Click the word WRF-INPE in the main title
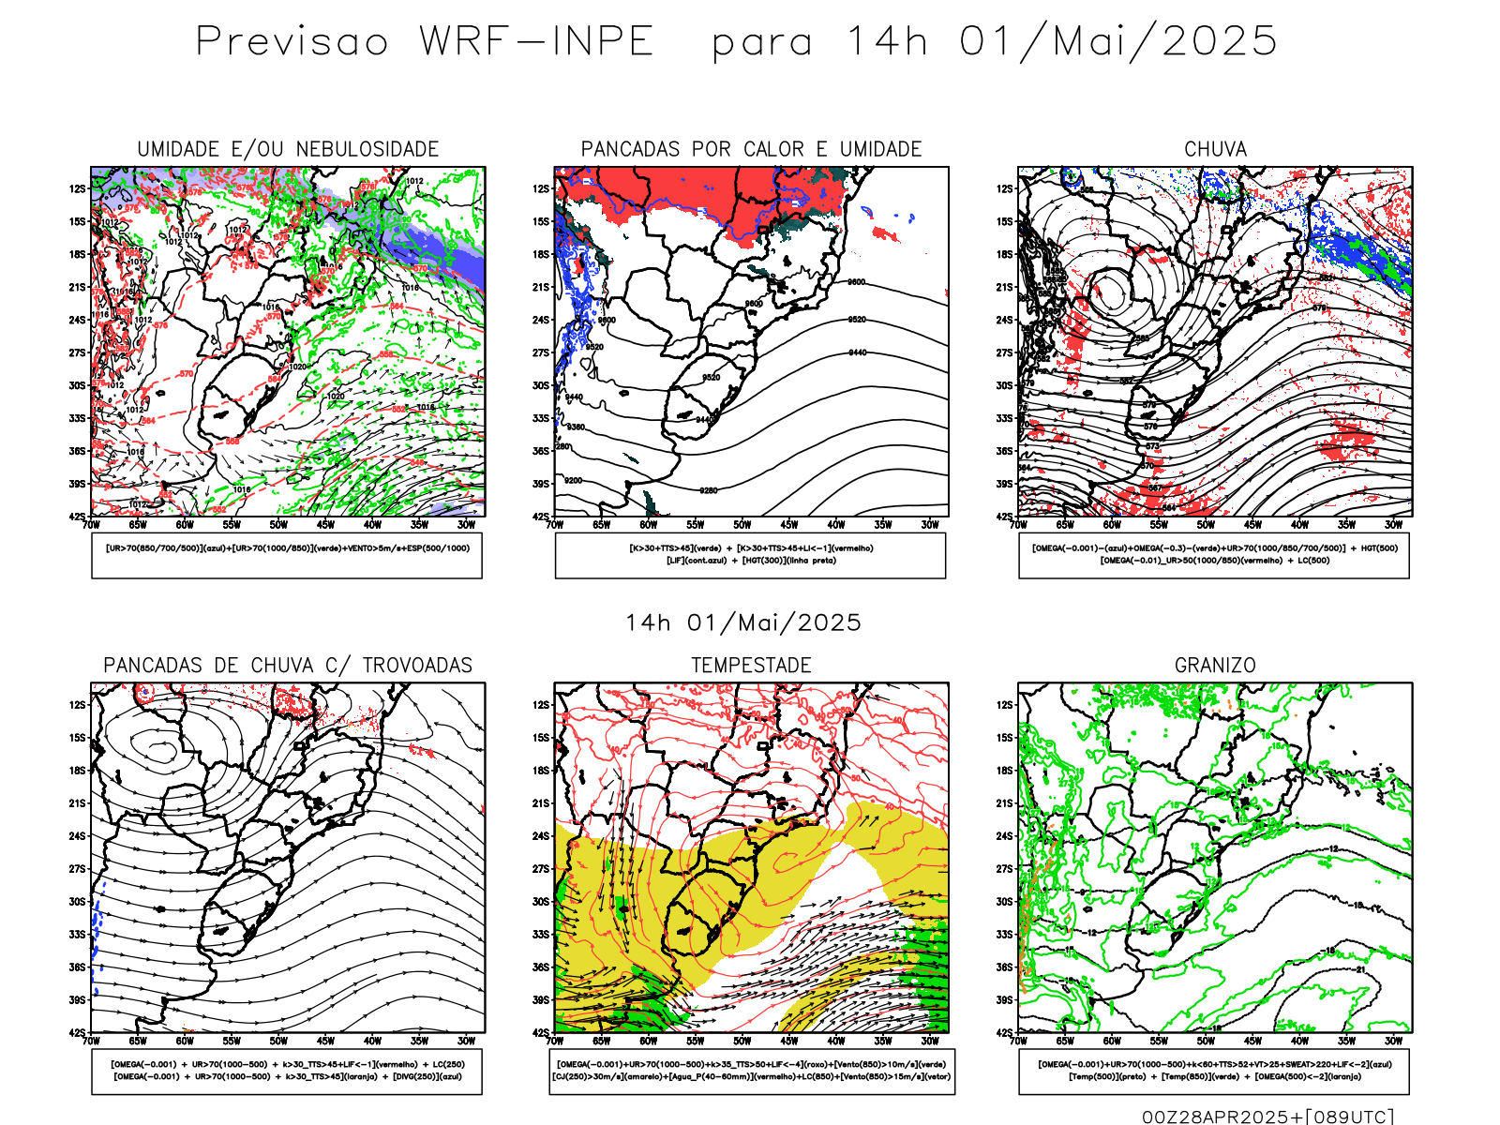[x=536, y=42]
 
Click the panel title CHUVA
[x=1215, y=149]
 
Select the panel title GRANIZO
[x=1215, y=666]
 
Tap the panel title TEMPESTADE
[x=751, y=666]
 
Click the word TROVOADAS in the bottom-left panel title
[x=417, y=666]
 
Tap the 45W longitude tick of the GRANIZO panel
[x=1252, y=1041]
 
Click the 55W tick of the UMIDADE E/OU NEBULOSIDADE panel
[x=232, y=525]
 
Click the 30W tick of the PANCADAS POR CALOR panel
[x=929, y=525]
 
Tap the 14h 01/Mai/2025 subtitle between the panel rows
[x=743, y=622]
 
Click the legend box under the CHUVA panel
[x=1214, y=555]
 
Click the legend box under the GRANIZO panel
[x=1214, y=1071]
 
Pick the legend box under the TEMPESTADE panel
[x=751, y=1071]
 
